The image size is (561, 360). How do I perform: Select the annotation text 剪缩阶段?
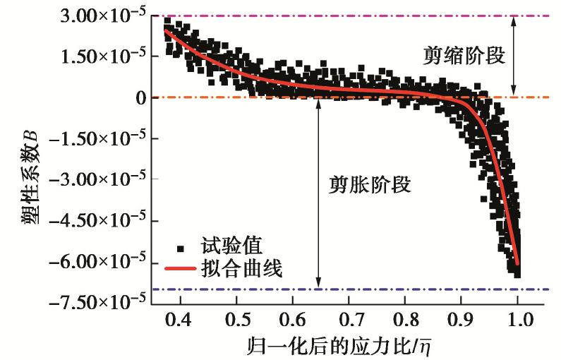(x=464, y=56)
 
